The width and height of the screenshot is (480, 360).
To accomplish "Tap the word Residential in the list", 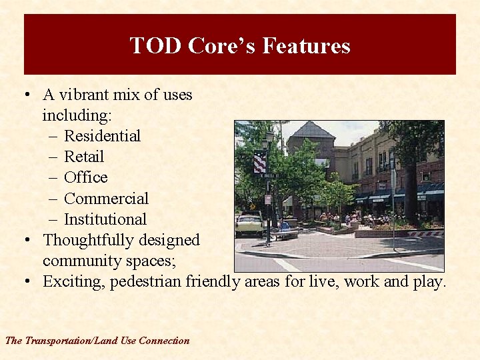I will (102, 136).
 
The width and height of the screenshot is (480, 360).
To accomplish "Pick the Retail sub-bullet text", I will (84, 157).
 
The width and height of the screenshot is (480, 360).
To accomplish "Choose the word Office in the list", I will (85, 177).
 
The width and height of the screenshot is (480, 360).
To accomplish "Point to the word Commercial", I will (106, 199).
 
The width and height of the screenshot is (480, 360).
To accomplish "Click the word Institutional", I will (105, 219).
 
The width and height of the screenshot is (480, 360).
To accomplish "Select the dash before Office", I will (53, 178).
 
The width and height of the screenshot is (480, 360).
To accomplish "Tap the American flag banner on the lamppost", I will (259, 162).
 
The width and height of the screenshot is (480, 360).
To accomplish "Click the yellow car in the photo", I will (249, 225).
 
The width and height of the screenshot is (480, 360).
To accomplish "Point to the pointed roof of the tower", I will (311, 129).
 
